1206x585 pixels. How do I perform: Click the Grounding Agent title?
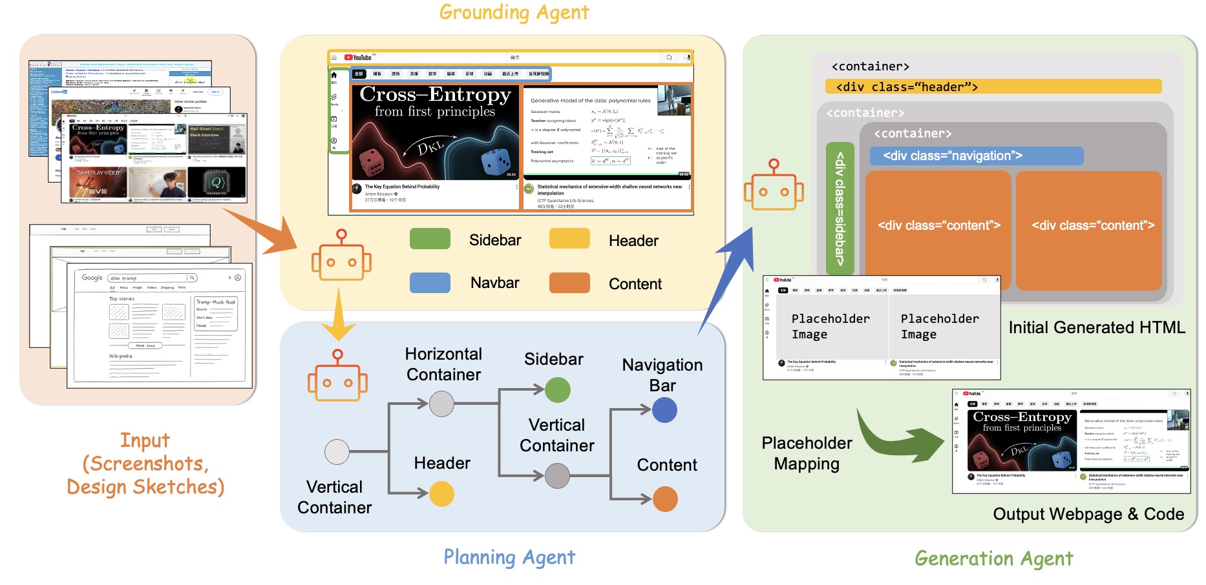pyautogui.click(x=514, y=12)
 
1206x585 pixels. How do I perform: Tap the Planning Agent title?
pyautogui.click(x=509, y=557)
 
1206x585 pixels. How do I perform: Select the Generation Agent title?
pyautogui.click(x=993, y=559)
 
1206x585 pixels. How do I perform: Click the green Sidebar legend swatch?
pyautogui.click(x=430, y=239)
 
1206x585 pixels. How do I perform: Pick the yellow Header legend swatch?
pyautogui.click(x=569, y=239)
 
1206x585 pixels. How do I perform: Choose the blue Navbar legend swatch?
pyautogui.click(x=430, y=283)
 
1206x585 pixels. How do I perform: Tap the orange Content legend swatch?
pyautogui.click(x=569, y=283)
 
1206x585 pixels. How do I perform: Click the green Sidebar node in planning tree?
pyautogui.click(x=557, y=390)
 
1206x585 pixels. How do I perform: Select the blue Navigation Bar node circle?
pyautogui.click(x=664, y=410)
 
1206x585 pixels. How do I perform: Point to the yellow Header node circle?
pyautogui.click(x=441, y=494)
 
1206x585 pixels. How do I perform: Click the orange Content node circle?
pyautogui.click(x=665, y=499)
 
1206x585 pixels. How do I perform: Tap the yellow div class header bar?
pyautogui.click(x=993, y=87)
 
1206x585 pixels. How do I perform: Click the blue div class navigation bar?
pyautogui.click(x=976, y=156)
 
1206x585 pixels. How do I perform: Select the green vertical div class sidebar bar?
pyautogui.click(x=840, y=209)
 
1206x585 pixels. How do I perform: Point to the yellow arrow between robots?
pyautogui.click(x=338, y=316)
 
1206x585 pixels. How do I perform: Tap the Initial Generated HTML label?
pyautogui.click(x=1097, y=327)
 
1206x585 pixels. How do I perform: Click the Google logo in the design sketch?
pyautogui.click(x=92, y=277)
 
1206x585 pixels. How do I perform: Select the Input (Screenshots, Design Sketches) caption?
pyautogui.click(x=145, y=464)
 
